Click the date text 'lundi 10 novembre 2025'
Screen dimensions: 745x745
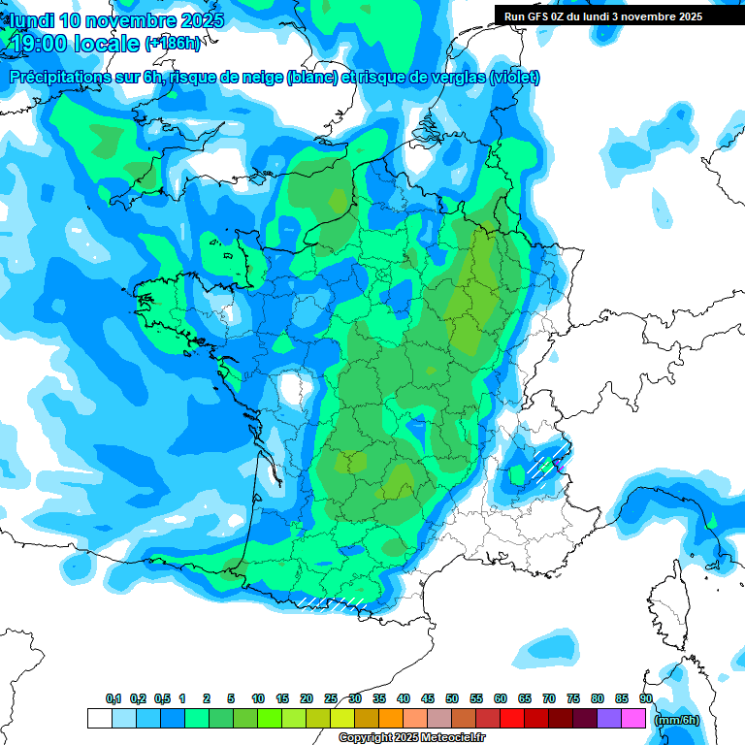click(x=115, y=20)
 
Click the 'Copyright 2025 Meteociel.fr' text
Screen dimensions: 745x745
click(x=411, y=738)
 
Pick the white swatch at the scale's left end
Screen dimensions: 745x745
click(x=99, y=719)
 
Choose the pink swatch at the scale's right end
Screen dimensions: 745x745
click(x=633, y=719)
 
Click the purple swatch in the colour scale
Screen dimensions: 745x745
click(x=609, y=719)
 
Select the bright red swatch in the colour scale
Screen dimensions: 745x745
click(x=512, y=719)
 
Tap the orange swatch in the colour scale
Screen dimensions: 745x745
click(x=391, y=719)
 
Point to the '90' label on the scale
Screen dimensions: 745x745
click(x=645, y=698)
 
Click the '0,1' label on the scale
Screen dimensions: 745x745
click(x=113, y=698)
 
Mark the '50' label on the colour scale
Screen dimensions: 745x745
click(x=452, y=698)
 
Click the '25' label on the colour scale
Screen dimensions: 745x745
click(x=331, y=698)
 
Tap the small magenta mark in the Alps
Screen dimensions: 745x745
click(x=560, y=465)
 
